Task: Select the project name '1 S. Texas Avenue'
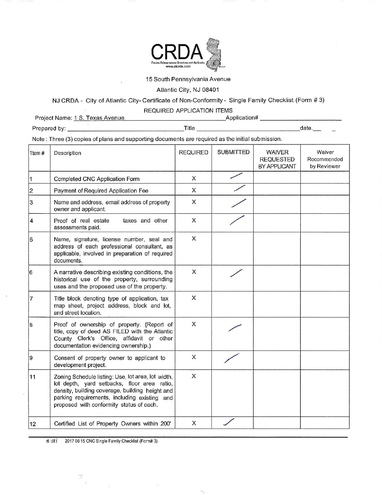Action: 99,118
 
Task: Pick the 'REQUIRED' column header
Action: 193,153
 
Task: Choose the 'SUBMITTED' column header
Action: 233,152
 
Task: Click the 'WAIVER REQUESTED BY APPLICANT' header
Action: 277,159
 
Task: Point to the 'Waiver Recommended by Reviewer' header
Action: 325,159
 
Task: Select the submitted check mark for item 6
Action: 236,273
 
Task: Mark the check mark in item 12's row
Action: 229,423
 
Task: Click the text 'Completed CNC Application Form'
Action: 96,179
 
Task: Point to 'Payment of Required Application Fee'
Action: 101,191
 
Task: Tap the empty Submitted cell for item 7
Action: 233,305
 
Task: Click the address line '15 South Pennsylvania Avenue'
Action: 188,79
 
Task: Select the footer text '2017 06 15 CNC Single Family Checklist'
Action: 111,441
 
